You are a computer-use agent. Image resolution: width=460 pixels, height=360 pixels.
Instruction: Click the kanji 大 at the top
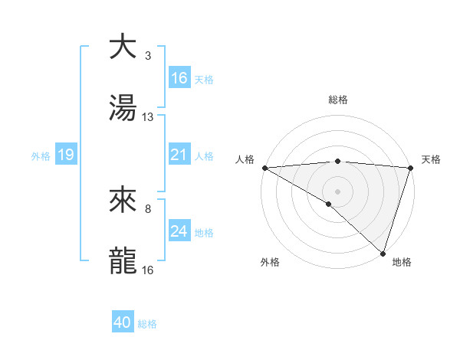point(123,47)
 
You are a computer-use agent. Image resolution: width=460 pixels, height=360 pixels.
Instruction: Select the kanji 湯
point(123,108)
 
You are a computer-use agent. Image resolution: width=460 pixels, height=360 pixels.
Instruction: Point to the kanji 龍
point(123,261)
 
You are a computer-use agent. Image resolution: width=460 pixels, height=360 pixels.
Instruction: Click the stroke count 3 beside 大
point(148,56)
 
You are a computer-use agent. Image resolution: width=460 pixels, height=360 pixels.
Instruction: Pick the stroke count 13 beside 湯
point(148,117)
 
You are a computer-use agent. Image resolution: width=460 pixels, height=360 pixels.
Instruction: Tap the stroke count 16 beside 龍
point(148,270)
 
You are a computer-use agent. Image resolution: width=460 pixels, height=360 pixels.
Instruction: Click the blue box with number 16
point(179,77)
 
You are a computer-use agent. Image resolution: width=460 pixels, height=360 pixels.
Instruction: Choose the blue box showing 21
point(179,155)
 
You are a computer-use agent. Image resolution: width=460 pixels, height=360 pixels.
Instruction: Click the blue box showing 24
point(179,231)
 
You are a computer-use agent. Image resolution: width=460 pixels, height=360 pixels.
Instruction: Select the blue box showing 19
point(65,155)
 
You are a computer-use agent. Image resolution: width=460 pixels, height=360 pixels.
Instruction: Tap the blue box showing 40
point(123,322)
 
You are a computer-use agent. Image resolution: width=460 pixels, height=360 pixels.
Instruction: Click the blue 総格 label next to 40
point(148,324)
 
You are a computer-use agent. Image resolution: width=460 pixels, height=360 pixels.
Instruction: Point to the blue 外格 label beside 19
point(41,155)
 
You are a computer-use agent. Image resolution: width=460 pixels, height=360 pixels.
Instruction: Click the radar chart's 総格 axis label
point(338,100)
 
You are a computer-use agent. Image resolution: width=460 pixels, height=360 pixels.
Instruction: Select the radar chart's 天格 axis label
point(431,159)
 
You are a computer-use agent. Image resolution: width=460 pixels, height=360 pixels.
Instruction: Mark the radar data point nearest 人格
point(264,168)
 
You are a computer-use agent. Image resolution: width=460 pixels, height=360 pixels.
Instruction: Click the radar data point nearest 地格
point(383,254)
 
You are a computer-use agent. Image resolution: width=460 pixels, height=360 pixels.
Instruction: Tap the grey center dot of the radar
point(337,190)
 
